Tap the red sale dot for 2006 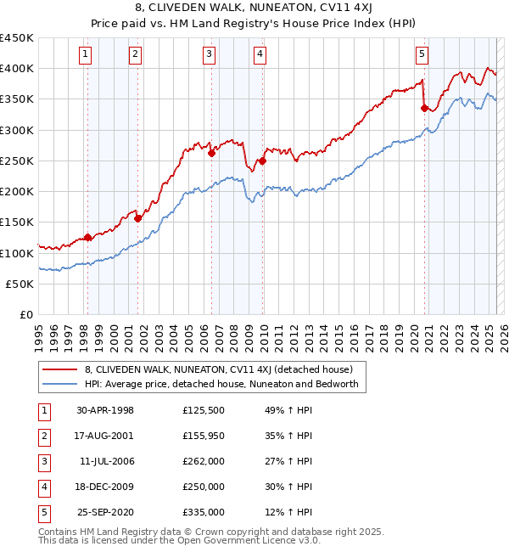(211, 154)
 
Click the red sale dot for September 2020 (424, 108)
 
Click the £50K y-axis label (20, 284)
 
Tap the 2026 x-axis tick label (503, 332)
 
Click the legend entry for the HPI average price (221, 384)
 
